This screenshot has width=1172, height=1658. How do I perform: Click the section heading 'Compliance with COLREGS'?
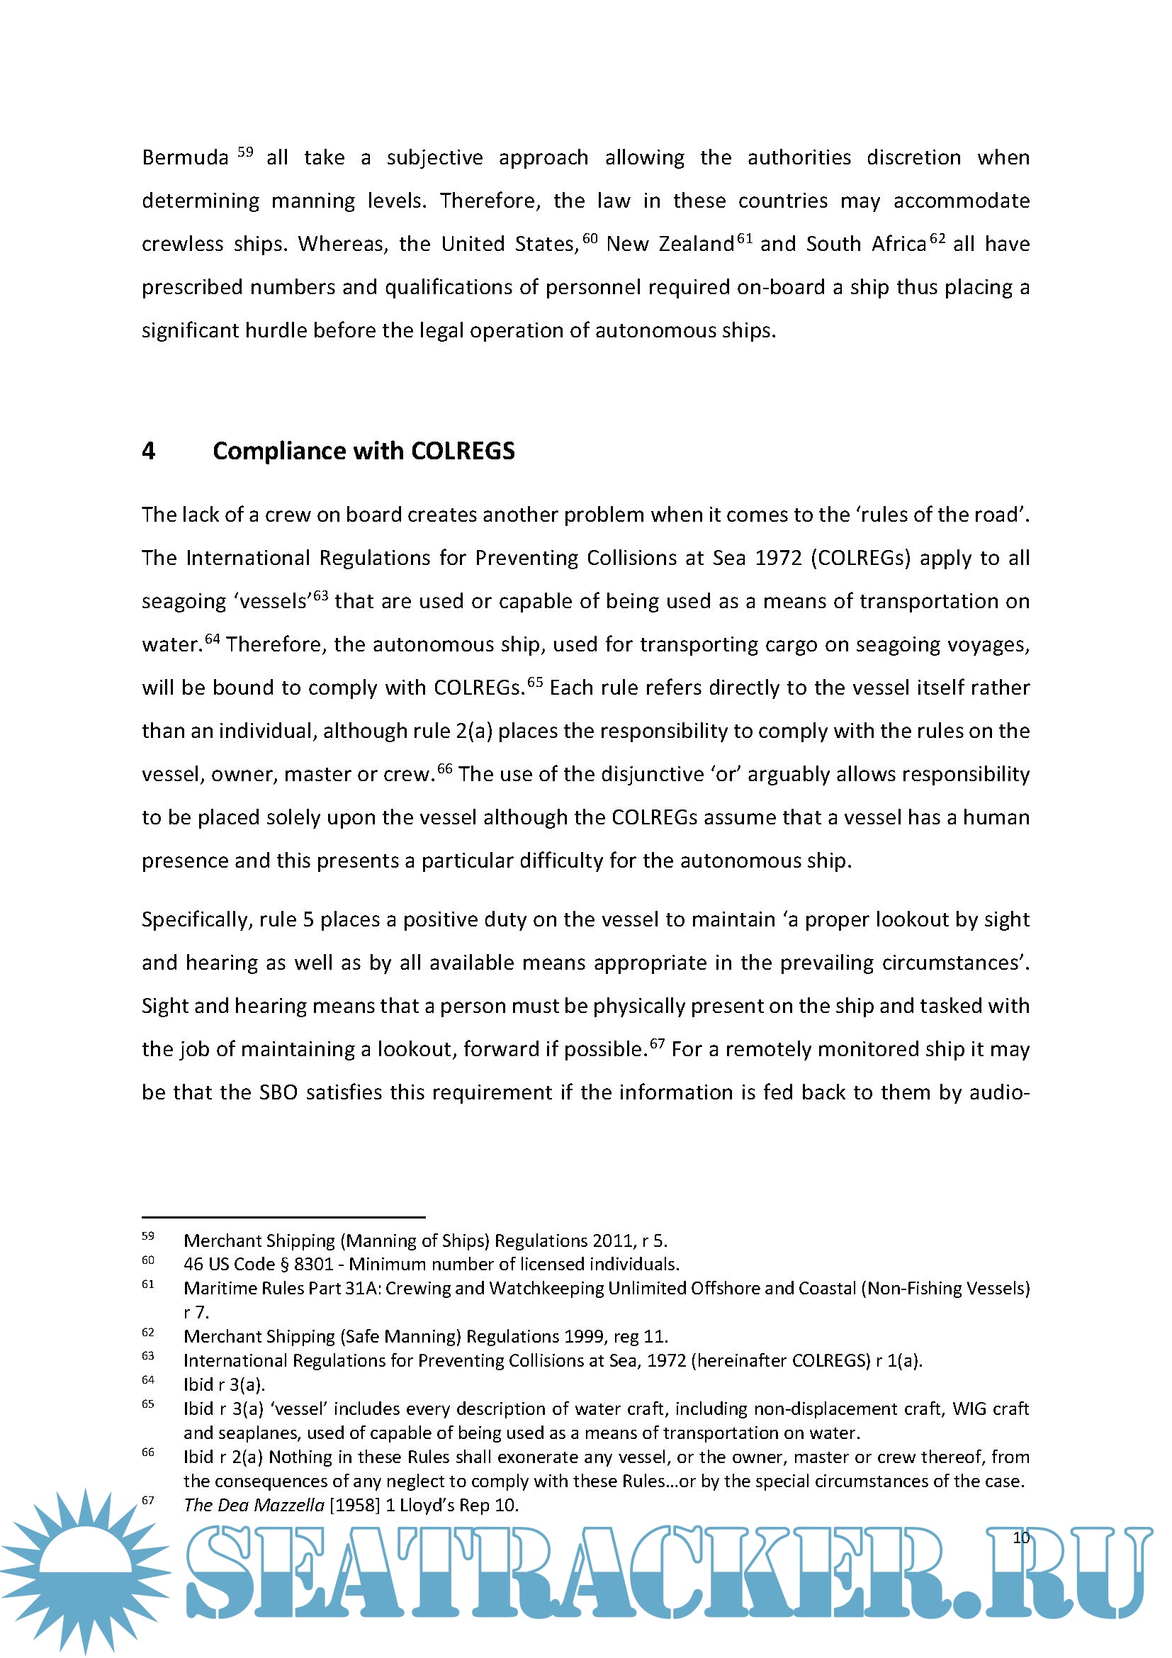[x=364, y=451]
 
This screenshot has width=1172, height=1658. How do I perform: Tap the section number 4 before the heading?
[x=149, y=452]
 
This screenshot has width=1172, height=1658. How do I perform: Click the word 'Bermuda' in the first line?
[x=185, y=157]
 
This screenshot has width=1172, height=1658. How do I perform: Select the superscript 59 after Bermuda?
[x=245, y=152]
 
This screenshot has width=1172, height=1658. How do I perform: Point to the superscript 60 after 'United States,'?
[x=590, y=237]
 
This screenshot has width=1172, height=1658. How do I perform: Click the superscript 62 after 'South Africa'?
[x=937, y=237]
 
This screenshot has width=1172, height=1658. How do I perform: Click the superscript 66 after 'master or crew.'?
[x=444, y=768]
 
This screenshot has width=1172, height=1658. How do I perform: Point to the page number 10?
[x=1020, y=1537]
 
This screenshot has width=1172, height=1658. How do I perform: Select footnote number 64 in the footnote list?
[x=148, y=1379]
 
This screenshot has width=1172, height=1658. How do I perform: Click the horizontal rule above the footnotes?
[x=283, y=1217]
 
